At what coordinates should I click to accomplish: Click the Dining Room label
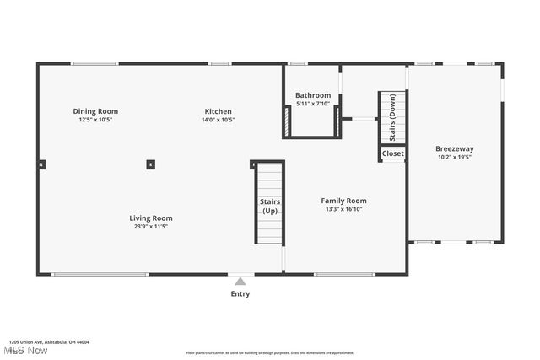[x=95, y=111]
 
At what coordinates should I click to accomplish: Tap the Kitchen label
[x=218, y=111]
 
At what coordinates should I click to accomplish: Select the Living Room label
[x=151, y=218]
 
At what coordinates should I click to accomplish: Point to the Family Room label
[x=343, y=201]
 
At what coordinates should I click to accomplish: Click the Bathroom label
[x=313, y=95]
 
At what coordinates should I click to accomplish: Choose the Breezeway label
[x=454, y=148]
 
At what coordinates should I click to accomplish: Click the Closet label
[x=393, y=153]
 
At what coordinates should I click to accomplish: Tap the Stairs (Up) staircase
[x=270, y=204]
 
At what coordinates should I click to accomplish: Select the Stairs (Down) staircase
[x=392, y=118]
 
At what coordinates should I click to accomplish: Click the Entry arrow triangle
[x=240, y=282]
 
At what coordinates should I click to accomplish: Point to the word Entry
[x=240, y=294]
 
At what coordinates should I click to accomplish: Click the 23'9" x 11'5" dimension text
[x=151, y=227]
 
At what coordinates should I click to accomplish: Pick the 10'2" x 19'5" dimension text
[x=454, y=157]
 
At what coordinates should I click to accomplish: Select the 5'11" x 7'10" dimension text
[x=313, y=104]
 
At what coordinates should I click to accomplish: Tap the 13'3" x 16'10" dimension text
[x=343, y=210]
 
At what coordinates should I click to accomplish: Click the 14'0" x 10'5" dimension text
[x=218, y=120]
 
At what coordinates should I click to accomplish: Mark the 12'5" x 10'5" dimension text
[x=95, y=120]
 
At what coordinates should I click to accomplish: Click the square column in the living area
[x=150, y=164]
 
